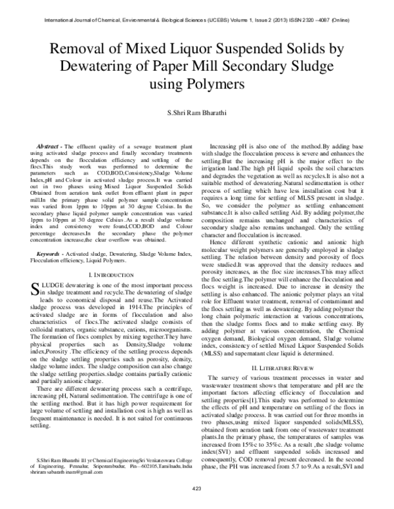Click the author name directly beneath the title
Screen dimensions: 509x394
pos(197,115)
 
